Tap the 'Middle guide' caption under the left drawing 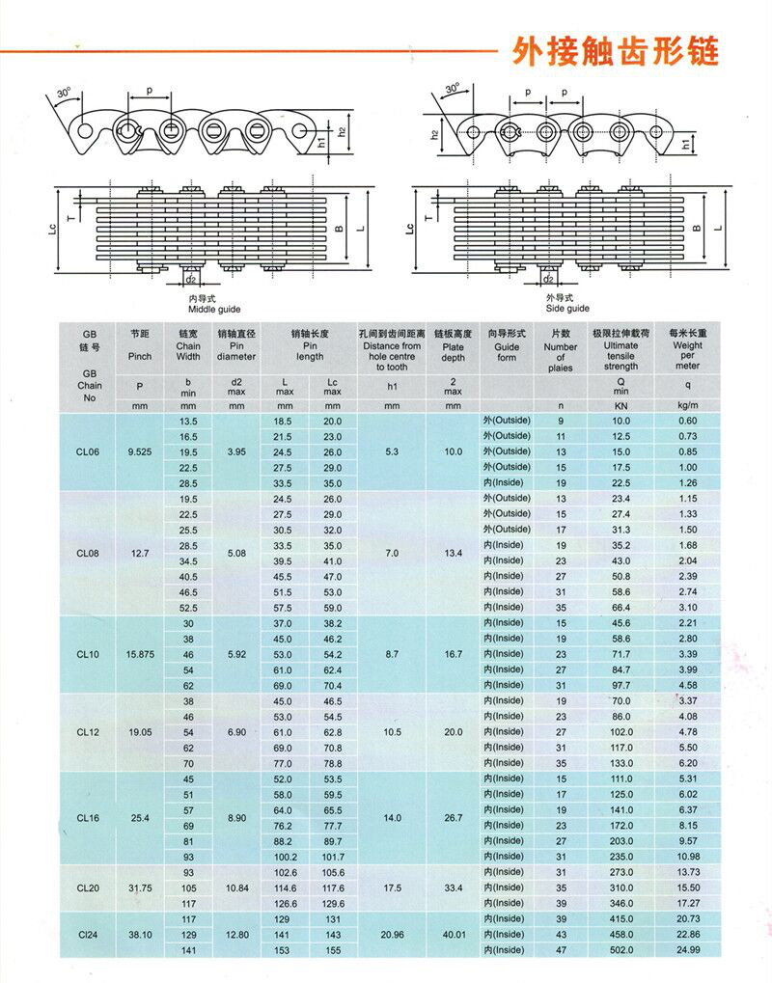tap(215, 309)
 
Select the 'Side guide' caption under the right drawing tap(566, 309)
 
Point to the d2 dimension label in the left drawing tap(191, 280)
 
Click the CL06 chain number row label tap(89, 451)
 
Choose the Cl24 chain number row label tap(89, 935)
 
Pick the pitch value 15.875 tap(140, 654)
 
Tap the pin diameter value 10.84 tap(236, 887)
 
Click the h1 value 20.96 tap(392, 935)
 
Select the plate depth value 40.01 tap(454, 935)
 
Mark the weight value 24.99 tap(687, 950)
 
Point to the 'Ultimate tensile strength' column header tap(620, 350)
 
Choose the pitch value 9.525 tap(140, 451)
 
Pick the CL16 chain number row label tap(89, 818)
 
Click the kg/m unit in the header tap(687, 406)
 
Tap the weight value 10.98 tap(687, 857)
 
